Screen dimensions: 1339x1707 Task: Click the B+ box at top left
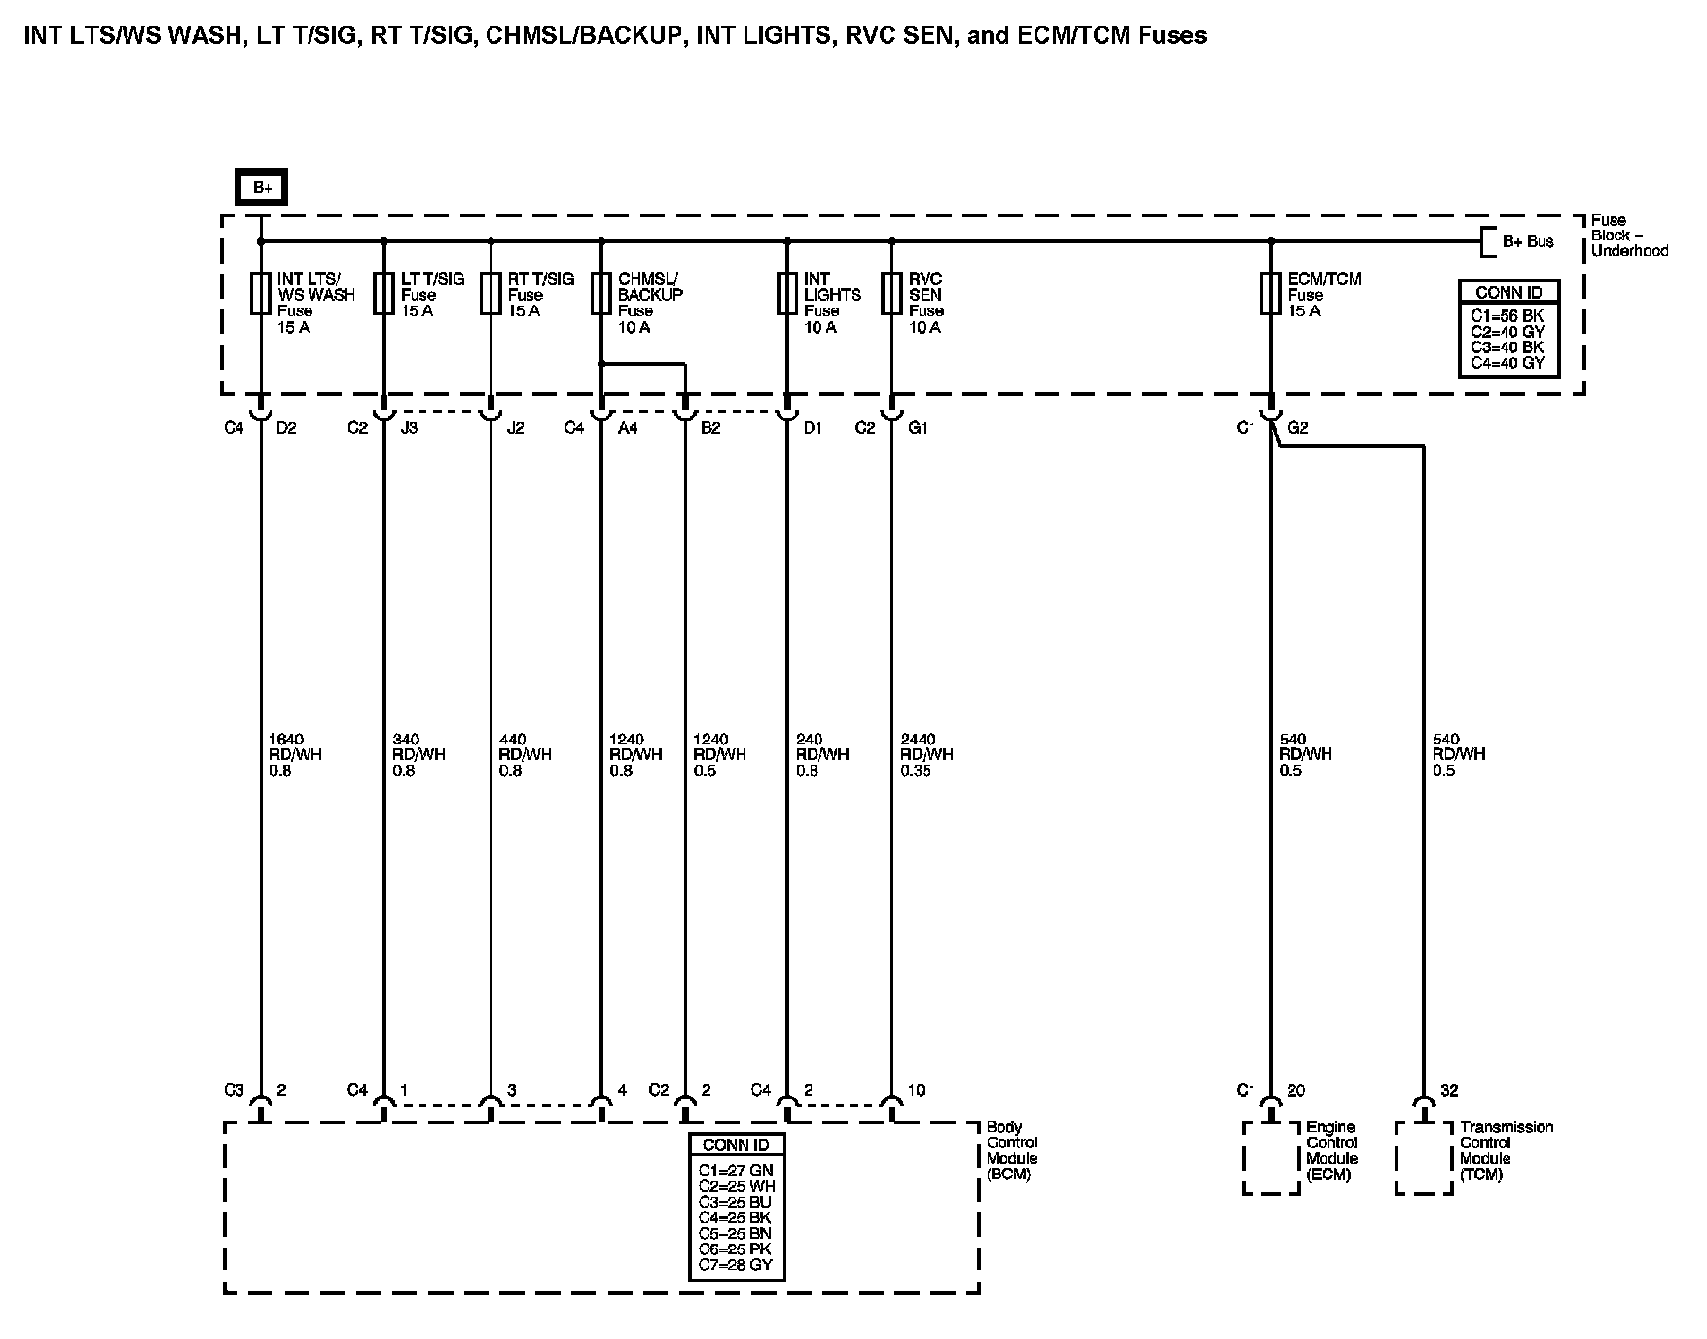pyautogui.click(x=262, y=187)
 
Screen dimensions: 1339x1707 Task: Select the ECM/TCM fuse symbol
pyautogui.click(x=1270, y=293)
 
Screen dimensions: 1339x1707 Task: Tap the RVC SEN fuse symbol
pyautogui.click(x=891, y=293)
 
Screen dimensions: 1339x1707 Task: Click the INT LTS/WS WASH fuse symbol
pyautogui.click(x=261, y=293)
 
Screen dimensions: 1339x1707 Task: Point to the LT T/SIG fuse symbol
pyautogui.click(x=383, y=293)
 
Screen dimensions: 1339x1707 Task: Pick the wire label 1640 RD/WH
pyautogui.click(x=295, y=754)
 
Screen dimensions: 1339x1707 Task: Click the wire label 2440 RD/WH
pyautogui.click(x=926, y=754)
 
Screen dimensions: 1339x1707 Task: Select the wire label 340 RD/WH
pyautogui.click(x=418, y=754)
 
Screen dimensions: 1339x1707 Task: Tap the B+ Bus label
pyautogui.click(x=1528, y=241)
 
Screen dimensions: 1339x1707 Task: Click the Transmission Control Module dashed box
pyautogui.click(x=1424, y=1158)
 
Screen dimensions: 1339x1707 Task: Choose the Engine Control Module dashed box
pyautogui.click(x=1271, y=1158)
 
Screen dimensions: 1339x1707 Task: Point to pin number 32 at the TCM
pyautogui.click(x=1449, y=1091)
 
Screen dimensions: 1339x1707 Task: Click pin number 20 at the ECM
pyautogui.click(x=1295, y=1091)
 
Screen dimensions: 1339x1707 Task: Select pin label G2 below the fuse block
pyautogui.click(x=1298, y=428)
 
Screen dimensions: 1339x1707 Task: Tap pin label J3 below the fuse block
pyautogui.click(x=410, y=428)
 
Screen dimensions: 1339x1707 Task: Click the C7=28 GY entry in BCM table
pyautogui.click(x=735, y=1265)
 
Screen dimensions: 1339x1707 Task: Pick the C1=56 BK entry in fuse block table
pyautogui.click(x=1507, y=316)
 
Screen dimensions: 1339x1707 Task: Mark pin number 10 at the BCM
pyautogui.click(x=916, y=1091)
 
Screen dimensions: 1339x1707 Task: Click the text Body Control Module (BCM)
pyautogui.click(x=1012, y=1150)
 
